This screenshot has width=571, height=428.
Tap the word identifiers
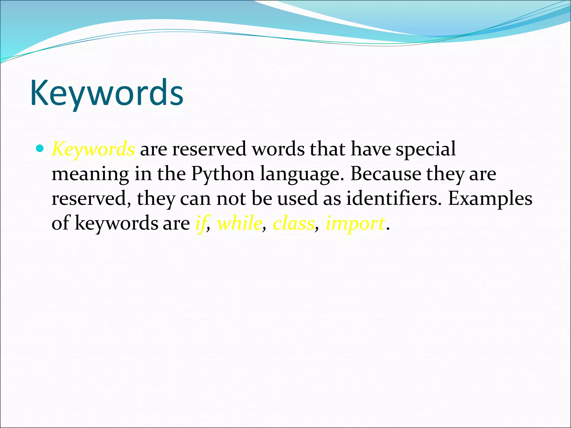point(394,198)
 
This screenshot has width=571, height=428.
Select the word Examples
point(490,198)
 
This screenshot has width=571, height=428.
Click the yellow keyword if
point(201,223)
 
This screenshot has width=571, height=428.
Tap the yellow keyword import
point(355,223)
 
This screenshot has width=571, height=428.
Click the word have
point(371,149)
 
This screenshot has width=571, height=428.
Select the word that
point(328,149)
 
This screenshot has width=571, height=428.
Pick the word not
point(231,198)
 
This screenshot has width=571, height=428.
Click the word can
point(195,199)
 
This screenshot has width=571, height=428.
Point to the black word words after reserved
point(278,149)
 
